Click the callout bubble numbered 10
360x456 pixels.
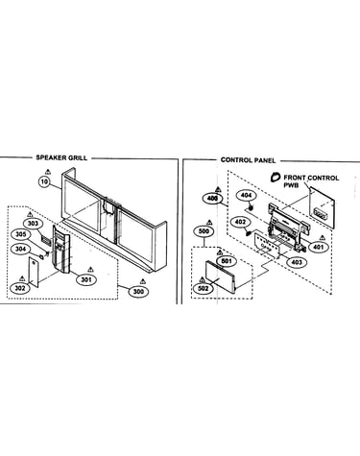coord(44,182)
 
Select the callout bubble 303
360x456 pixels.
coord(33,223)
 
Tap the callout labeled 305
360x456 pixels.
coord(21,234)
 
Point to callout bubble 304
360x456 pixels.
coord(20,249)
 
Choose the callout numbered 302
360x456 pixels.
coord(20,288)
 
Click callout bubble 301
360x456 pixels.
coord(86,280)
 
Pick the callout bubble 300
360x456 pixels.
coord(138,291)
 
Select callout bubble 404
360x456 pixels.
coord(247,195)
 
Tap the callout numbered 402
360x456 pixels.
coord(240,222)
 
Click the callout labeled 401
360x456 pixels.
coord(319,247)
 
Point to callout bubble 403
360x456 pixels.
coord(297,262)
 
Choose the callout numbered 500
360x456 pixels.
coord(204,231)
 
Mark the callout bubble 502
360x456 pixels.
coord(204,288)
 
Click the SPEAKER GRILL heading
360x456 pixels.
coord(61,157)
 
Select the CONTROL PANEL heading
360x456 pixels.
coord(248,160)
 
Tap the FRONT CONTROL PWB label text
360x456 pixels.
coord(311,181)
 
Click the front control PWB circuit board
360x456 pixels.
coord(322,208)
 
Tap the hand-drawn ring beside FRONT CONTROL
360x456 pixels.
coord(275,177)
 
